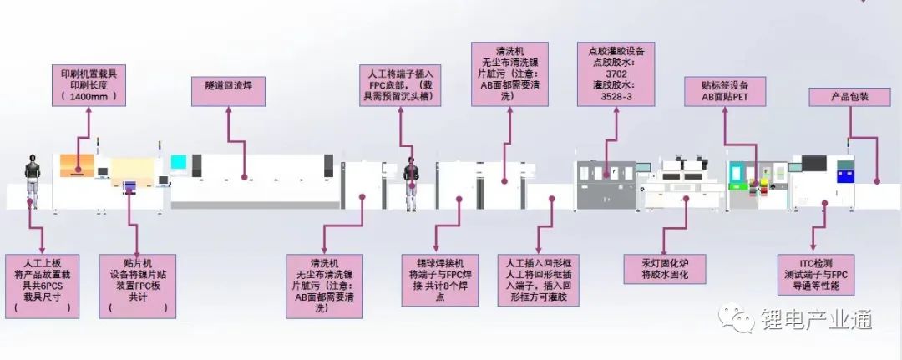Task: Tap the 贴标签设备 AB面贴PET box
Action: (723, 92)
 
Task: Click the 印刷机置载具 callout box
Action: (89, 85)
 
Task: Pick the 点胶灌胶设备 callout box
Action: (616, 74)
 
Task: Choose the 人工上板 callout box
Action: (43, 285)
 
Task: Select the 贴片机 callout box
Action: (137, 285)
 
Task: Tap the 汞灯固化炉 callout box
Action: (662, 269)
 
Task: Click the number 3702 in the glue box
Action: (616, 74)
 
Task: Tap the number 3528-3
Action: (616, 97)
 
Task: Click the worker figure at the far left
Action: (33, 178)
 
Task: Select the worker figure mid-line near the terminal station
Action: (410, 182)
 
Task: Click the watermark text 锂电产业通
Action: (804, 319)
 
